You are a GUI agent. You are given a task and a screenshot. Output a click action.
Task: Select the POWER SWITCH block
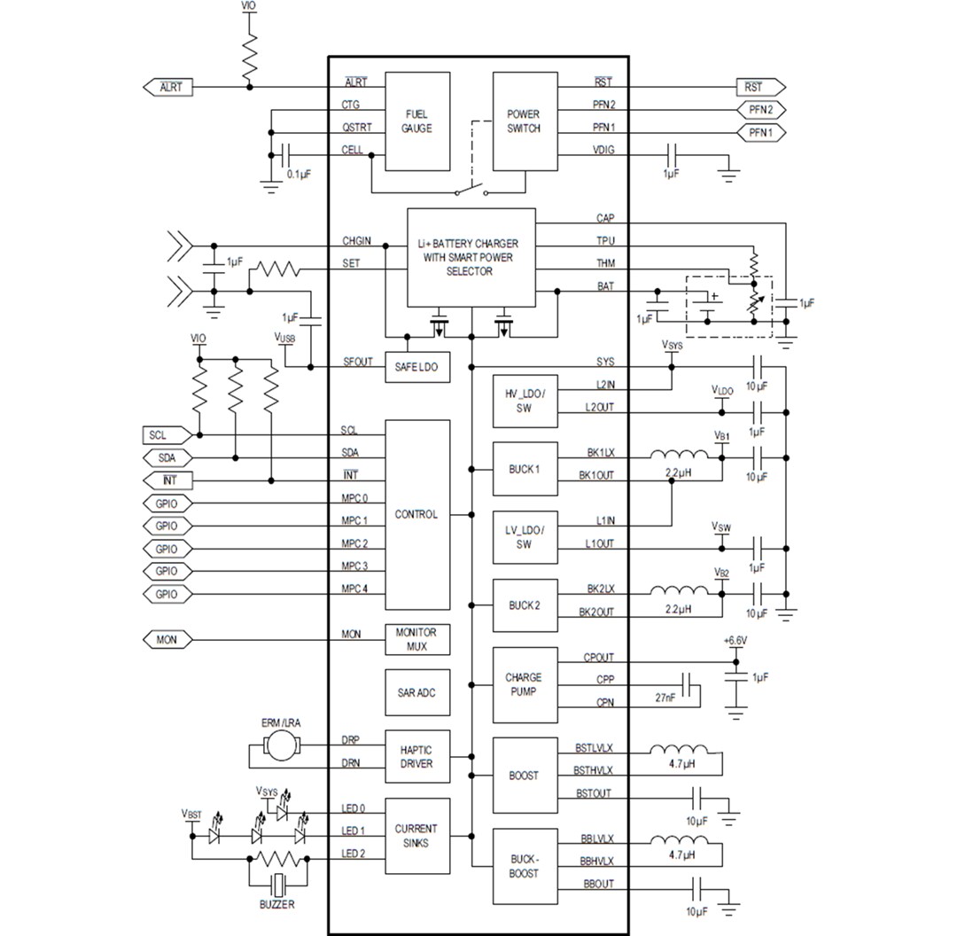(x=523, y=121)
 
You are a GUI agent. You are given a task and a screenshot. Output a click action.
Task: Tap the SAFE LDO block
(x=416, y=367)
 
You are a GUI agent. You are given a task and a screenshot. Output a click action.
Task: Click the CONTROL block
(x=416, y=514)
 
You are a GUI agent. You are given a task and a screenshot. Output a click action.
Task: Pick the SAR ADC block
(x=416, y=693)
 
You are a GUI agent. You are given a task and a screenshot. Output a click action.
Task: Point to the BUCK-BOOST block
(x=523, y=866)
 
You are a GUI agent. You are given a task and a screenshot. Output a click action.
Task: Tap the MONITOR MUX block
(x=416, y=640)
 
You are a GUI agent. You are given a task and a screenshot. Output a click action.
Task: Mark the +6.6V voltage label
(x=735, y=640)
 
